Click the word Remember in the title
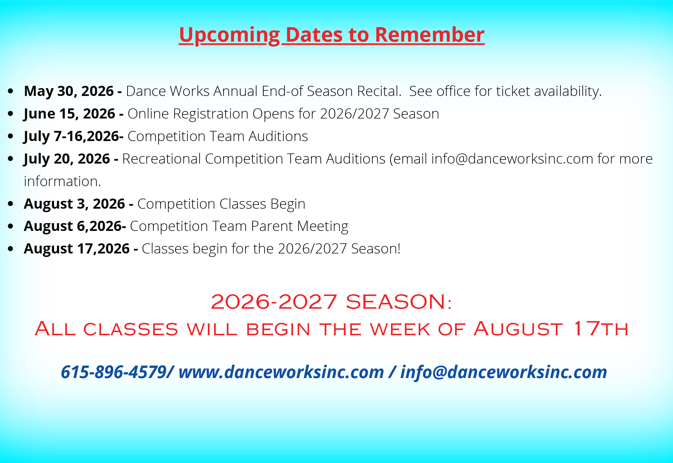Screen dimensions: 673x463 [x=430, y=35]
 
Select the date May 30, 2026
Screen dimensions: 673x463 [x=69, y=91]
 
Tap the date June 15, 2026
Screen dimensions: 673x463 [x=70, y=114]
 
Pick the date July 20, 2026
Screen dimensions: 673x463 [x=67, y=159]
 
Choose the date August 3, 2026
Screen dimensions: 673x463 [x=75, y=204]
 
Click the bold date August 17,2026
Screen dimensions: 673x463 [x=77, y=249]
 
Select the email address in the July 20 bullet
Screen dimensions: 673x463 [x=512, y=159]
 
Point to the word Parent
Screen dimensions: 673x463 [x=272, y=226]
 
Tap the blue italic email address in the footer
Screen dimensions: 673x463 [x=504, y=372]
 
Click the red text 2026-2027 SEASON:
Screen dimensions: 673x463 [x=331, y=302]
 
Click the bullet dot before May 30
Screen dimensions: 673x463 [x=11, y=91]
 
